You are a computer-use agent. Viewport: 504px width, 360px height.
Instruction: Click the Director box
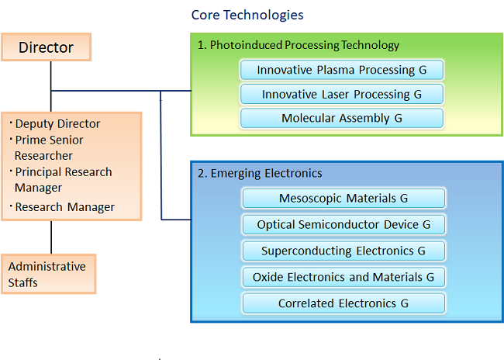pos(47,47)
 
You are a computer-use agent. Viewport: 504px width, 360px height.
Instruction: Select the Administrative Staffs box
pos(49,274)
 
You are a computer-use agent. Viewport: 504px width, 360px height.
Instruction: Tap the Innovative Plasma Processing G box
pos(342,70)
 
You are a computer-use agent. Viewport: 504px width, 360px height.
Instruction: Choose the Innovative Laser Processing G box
pos(342,94)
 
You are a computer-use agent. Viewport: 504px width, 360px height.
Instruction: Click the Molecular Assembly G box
pos(342,118)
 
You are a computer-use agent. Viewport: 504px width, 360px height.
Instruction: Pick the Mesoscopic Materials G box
pos(343,198)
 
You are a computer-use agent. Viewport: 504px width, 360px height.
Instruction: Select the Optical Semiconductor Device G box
pos(343,224)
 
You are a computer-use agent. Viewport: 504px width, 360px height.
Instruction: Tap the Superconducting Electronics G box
pos(343,251)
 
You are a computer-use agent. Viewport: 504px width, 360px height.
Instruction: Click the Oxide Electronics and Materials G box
pos(343,277)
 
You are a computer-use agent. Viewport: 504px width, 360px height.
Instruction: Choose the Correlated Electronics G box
pos(343,303)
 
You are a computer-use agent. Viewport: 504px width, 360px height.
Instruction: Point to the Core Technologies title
pos(247,15)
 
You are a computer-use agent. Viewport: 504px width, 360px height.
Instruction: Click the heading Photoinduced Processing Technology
pos(305,45)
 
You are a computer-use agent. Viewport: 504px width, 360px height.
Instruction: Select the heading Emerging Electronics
pos(266,173)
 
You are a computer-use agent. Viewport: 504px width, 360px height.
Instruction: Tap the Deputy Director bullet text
pos(57,124)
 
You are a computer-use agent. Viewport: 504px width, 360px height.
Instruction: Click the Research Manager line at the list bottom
pos(64,207)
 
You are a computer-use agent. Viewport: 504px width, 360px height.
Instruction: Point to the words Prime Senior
pos(49,140)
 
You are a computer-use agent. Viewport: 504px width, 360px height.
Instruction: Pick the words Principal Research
pos(64,172)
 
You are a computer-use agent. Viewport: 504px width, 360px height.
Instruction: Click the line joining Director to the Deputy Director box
pos(50,87)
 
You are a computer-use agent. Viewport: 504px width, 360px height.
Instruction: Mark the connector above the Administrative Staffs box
pos(51,237)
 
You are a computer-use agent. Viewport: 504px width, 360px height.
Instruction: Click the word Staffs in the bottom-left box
pos(22,282)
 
